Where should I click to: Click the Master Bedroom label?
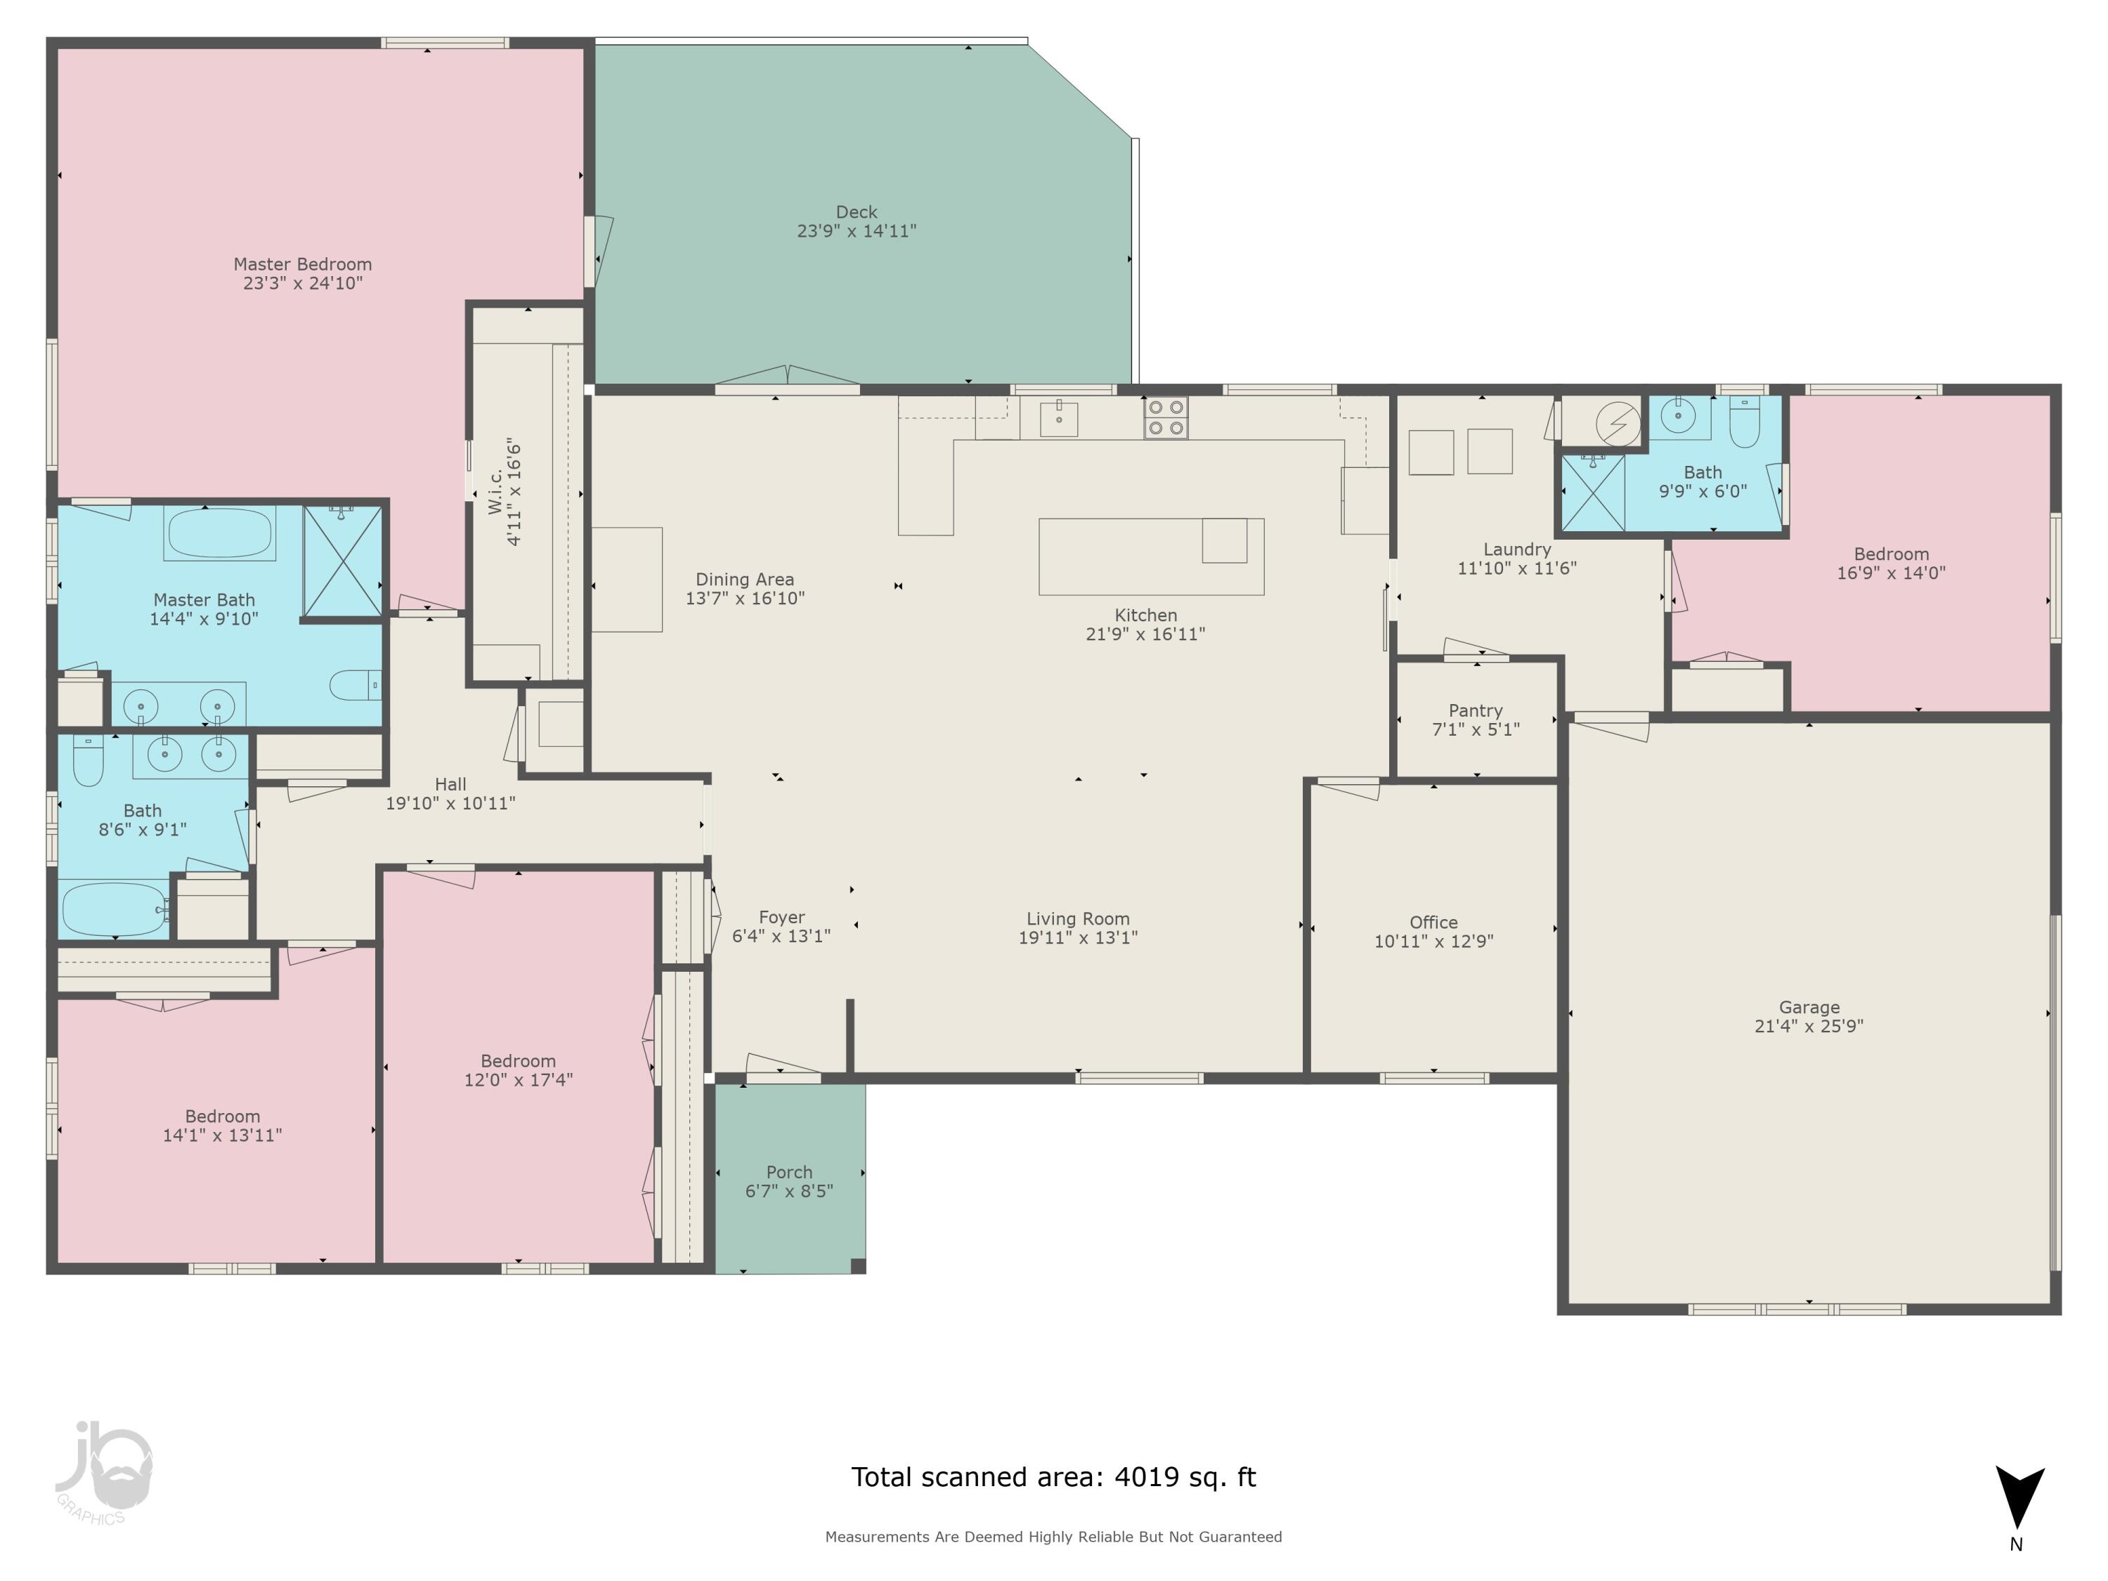302,264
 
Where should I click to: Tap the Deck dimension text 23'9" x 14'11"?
856,230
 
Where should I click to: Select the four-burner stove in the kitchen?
1166,417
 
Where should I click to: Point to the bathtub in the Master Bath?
219,532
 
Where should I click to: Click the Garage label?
1809,1008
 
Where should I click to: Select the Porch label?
789,1172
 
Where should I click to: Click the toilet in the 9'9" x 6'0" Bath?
1744,423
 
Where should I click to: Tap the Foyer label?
781,917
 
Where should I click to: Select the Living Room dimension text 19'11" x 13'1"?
1078,938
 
